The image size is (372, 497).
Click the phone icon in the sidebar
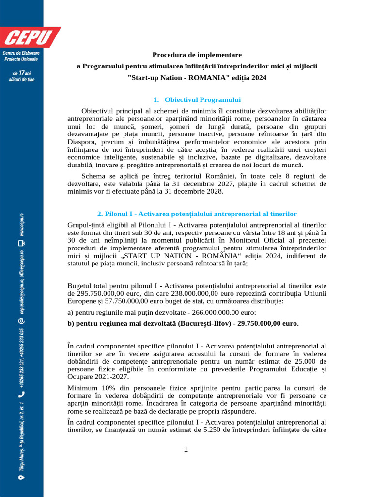(20, 395)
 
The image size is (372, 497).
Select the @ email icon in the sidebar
(20, 320)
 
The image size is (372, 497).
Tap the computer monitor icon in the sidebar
(20, 244)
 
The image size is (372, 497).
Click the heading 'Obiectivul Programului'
(202, 100)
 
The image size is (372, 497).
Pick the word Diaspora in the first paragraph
(83, 142)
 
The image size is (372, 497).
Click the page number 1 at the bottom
(186, 449)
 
